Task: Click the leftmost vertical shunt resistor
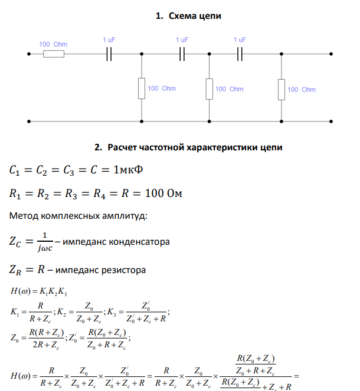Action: pyautogui.click(x=142, y=88)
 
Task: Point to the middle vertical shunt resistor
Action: pyautogui.click(x=210, y=88)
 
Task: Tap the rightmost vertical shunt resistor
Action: pyautogui.click(x=282, y=88)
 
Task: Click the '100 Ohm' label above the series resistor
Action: pyautogui.click(x=53, y=44)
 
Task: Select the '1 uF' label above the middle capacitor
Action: pyautogui.click(x=182, y=40)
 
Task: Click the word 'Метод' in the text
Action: pyautogui.click(x=24, y=216)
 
